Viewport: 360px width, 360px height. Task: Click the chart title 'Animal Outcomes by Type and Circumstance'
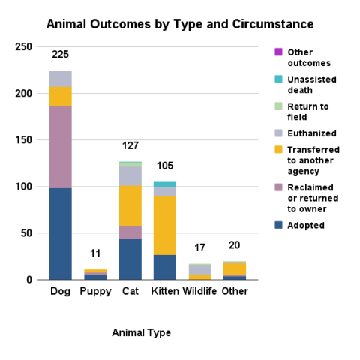[x=180, y=24]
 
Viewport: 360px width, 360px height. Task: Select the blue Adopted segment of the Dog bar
[x=60, y=233]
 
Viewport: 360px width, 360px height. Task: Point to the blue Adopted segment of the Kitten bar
[x=165, y=267]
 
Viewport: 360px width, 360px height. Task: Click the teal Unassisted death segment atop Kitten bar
[x=165, y=184]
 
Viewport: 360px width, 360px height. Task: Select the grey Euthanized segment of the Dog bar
[x=60, y=78]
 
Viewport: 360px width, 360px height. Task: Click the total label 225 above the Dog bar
[x=60, y=55]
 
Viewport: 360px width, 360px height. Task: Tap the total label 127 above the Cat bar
[x=130, y=145]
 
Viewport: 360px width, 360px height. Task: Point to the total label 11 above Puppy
[x=94, y=254]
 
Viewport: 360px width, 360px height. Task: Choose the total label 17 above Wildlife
[x=199, y=248]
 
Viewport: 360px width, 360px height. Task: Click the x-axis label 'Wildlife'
[x=199, y=291]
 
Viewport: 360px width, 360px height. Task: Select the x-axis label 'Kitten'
[x=165, y=291]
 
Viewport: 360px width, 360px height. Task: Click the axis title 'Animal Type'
[x=141, y=331]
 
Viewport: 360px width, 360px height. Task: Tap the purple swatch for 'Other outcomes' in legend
[x=278, y=52]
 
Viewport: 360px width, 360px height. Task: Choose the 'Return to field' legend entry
[x=308, y=112]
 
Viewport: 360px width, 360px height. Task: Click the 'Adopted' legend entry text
[x=308, y=225]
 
